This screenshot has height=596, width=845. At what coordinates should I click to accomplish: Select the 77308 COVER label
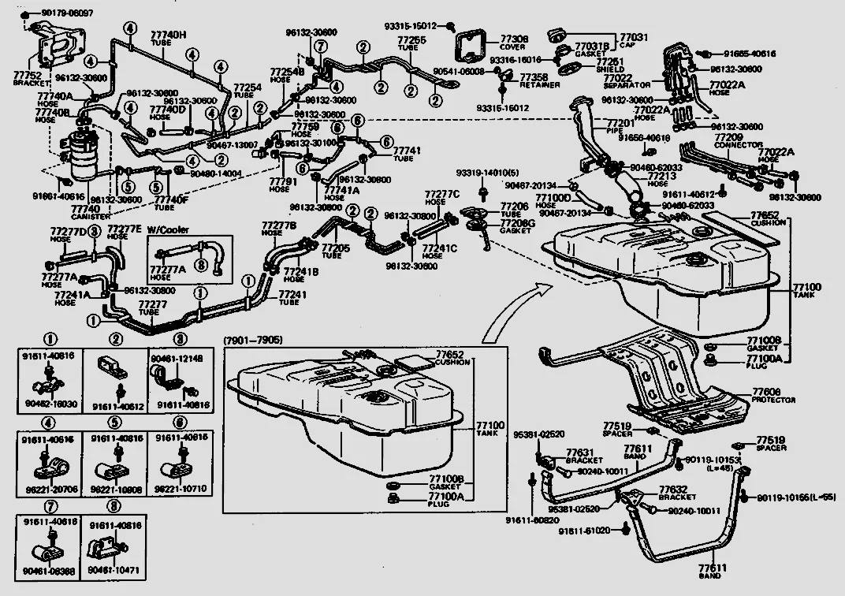tap(514, 42)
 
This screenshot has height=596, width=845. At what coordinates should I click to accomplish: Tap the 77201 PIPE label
tap(620, 127)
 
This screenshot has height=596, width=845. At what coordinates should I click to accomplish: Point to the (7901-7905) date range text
tap(252, 340)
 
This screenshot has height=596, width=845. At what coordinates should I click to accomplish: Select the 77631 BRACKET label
tap(583, 456)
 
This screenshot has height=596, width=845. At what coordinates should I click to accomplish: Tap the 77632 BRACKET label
tap(676, 493)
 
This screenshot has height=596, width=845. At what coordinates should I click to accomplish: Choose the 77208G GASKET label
tap(517, 226)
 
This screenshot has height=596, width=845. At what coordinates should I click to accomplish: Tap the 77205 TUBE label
tap(334, 252)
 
